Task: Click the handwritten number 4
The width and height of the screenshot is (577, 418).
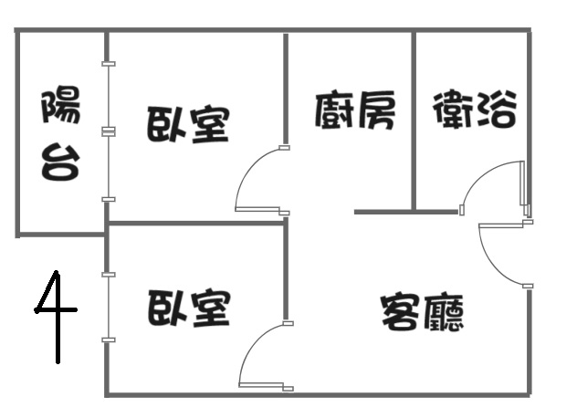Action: [x=57, y=317]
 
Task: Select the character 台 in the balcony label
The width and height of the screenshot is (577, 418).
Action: [x=61, y=162]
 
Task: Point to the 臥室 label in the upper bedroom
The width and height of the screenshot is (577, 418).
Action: [x=188, y=124]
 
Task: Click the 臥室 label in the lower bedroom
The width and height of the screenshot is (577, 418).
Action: [x=189, y=308]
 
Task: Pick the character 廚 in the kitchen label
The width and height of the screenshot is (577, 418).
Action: [x=334, y=110]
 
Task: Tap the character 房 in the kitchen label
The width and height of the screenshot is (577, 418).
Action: [x=376, y=110]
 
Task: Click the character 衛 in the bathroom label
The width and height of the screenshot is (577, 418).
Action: [x=453, y=110]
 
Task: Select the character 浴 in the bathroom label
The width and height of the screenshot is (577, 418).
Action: [x=496, y=110]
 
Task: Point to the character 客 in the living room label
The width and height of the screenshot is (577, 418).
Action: [x=401, y=311]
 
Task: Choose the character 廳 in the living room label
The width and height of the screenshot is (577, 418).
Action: [x=443, y=312]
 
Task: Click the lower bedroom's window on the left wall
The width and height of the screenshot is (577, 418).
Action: [x=108, y=308]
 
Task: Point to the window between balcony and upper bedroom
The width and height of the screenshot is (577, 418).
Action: [x=108, y=131]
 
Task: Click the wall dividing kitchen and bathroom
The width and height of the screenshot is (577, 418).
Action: [x=414, y=121]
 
